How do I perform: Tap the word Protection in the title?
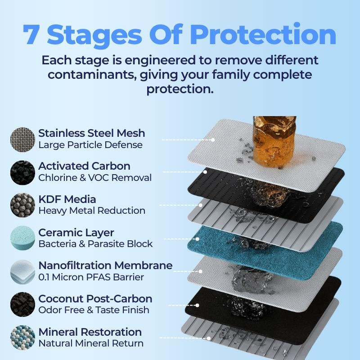point(263,35)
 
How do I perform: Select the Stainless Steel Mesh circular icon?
point(22,139)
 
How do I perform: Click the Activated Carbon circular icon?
point(22,173)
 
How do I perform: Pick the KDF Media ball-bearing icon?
point(22,205)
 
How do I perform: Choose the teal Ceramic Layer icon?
point(22,238)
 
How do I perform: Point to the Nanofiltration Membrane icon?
point(22,272)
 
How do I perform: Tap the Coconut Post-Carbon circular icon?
point(22,305)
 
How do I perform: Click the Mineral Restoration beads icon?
point(22,337)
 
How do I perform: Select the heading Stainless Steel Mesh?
point(92,133)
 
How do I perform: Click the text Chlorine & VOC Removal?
point(95,178)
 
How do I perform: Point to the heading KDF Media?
point(67,199)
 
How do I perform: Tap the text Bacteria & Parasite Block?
point(95,244)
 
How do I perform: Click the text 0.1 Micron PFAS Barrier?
point(91,277)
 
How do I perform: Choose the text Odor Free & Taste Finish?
point(94,310)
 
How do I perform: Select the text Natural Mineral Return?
point(91,343)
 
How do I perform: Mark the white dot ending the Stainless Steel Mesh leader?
point(213,140)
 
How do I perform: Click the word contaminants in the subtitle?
point(91,75)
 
